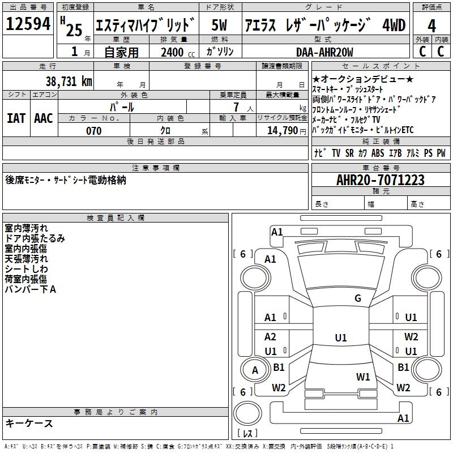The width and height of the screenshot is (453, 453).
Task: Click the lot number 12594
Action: [28, 25]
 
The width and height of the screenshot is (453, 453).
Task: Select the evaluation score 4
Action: [431, 25]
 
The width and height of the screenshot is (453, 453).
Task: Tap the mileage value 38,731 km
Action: [69, 82]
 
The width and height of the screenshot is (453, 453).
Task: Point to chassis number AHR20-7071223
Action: [380, 180]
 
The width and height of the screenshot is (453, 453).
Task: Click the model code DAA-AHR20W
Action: [324, 52]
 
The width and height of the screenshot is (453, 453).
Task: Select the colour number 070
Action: [93, 131]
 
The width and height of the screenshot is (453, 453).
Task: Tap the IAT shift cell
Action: [16, 118]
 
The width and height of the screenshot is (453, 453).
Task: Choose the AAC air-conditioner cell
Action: [44, 118]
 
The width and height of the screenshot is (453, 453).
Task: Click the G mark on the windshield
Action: [357, 298]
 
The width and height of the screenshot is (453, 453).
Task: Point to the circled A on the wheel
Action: [255, 370]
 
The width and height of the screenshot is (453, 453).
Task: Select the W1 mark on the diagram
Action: [363, 377]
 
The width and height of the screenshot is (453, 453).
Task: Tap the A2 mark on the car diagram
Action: [271, 337]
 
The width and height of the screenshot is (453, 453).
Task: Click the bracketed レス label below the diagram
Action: [248, 434]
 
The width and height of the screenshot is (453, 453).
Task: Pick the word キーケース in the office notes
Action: [29, 423]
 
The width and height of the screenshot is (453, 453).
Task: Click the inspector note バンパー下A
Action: [31, 289]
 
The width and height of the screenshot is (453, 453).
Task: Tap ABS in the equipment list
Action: [378, 153]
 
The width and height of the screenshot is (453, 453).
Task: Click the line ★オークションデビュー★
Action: [363, 80]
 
